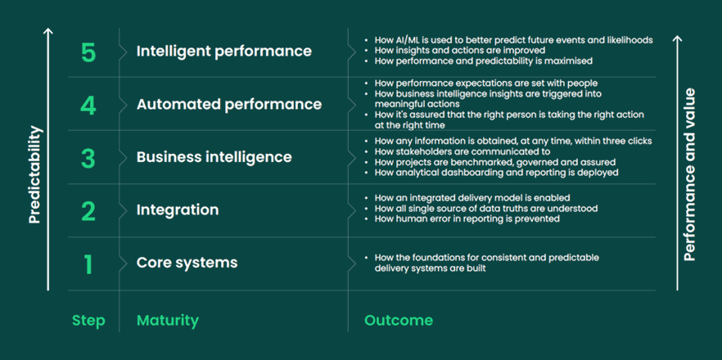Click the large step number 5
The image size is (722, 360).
(88, 53)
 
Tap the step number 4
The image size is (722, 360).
(88, 106)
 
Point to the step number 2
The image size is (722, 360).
(88, 211)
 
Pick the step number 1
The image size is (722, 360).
(88, 264)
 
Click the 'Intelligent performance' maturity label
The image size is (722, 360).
(223, 52)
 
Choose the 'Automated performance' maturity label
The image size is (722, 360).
(229, 105)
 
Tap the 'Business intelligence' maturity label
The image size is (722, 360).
(214, 157)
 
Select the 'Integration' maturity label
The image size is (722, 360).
(178, 210)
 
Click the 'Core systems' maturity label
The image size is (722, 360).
(187, 263)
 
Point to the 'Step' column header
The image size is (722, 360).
(88, 321)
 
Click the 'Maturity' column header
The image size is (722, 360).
(168, 321)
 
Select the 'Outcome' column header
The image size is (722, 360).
(399, 321)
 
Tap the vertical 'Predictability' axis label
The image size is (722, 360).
(34, 174)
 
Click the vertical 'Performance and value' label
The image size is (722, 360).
(689, 174)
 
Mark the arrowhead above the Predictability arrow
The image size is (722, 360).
(48, 31)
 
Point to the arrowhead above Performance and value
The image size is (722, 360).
(677, 39)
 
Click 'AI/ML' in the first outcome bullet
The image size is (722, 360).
(407, 40)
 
